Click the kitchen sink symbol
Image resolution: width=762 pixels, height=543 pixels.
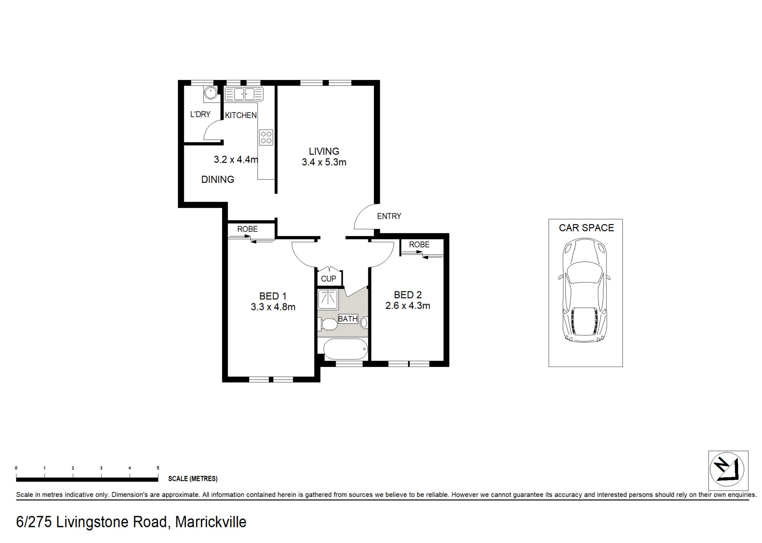(x=244, y=94)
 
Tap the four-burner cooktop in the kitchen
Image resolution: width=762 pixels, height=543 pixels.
(x=266, y=137)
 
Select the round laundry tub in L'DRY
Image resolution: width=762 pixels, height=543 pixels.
(x=211, y=93)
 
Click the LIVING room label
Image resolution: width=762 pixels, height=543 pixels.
(x=324, y=151)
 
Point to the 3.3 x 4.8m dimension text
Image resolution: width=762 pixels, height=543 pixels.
(x=273, y=307)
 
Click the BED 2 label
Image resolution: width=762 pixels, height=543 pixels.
(x=408, y=295)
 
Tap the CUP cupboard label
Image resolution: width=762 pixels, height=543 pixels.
(x=329, y=279)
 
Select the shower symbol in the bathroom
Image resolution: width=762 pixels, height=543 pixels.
(x=328, y=299)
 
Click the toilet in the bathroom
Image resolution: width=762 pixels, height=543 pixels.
(x=327, y=324)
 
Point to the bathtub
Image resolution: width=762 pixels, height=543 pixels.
(x=346, y=349)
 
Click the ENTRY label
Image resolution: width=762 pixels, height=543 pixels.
(x=389, y=216)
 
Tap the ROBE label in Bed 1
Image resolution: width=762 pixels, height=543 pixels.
(x=247, y=229)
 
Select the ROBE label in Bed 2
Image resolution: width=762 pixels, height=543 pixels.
(x=419, y=245)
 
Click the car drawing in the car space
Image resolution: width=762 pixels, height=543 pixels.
(x=585, y=290)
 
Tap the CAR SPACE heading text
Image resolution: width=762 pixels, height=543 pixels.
(x=586, y=228)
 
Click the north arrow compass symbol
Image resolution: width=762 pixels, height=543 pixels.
(x=727, y=469)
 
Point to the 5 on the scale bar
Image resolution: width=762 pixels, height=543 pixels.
(x=158, y=468)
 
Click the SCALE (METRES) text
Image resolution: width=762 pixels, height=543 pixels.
(x=193, y=479)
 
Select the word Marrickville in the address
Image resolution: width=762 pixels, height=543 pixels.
(x=211, y=522)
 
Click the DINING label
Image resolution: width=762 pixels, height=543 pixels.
(x=218, y=179)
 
